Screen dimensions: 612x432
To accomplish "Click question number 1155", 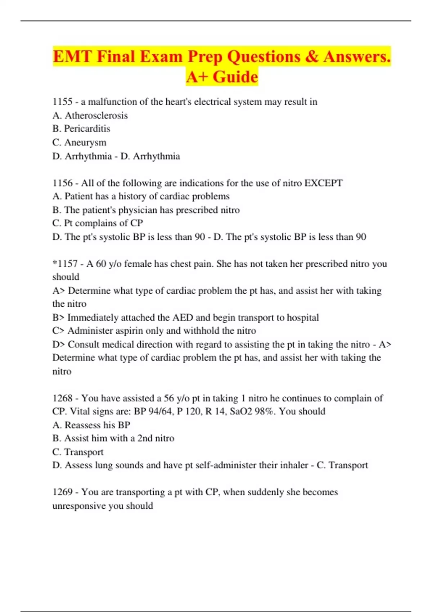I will click(x=63, y=102).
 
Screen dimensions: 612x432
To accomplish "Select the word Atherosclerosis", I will click(x=96, y=116).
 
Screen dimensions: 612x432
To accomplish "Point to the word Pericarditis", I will click(x=87, y=129).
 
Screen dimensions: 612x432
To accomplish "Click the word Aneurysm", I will click(x=85, y=143).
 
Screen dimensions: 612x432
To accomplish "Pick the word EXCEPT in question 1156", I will click(x=323, y=183).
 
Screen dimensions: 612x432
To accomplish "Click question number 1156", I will click(x=63, y=183).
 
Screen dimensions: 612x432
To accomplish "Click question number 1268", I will click(x=63, y=398).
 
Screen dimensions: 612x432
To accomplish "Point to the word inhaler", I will click(x=283, y=465).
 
